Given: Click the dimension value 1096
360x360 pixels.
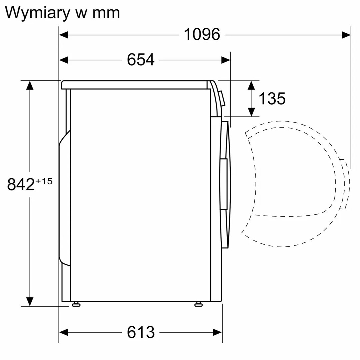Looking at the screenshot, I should click(202, 34).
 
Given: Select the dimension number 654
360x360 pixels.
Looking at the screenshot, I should click(141, 60).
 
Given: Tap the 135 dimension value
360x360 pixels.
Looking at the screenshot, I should click(272, 99).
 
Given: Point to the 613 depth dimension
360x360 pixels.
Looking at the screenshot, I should click(141, 332).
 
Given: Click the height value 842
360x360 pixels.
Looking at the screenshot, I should click(21, 185).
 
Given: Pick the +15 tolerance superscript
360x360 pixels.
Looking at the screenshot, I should click(44, 181).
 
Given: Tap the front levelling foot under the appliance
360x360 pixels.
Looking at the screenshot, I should click(199, 304).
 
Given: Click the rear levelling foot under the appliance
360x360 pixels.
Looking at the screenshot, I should click(76, 304).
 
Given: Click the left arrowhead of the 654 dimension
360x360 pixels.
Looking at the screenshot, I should click(64, 60).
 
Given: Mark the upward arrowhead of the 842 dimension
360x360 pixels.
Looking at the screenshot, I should click(30, 85).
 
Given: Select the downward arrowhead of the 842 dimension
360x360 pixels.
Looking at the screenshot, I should click(30, 302).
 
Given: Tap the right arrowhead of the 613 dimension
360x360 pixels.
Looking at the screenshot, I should click(218, 332).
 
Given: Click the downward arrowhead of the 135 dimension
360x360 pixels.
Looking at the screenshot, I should click(252, 112).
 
